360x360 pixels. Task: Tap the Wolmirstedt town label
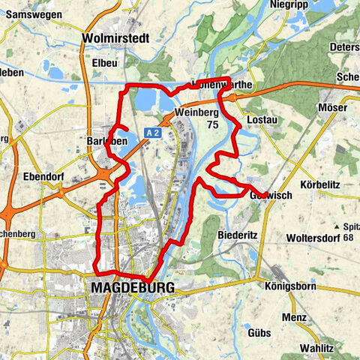pyautogui.click(x=117, y=37)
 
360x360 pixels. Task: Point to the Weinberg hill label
pyautogui.click(x=196, y=112)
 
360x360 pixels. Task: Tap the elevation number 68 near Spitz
pyautogui.click(x=349, y=238)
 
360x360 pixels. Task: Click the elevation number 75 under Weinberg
pyautogui.click(x=214, y=125)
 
